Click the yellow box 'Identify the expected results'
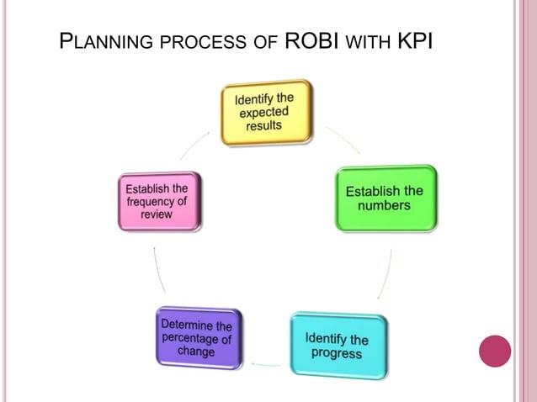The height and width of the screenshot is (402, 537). click(266, 112)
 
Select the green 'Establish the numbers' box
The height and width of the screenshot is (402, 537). click(385, 198)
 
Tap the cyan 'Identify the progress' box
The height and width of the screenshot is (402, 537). click(338, 346)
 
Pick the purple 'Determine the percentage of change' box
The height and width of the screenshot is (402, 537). click(199, 337)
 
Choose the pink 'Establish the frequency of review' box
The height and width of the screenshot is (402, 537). click(159, 202)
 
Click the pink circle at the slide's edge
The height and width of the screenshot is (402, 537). click(495, 351)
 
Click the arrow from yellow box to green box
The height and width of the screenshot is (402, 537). click(343, 140)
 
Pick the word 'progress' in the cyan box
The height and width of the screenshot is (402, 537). click(337, 353)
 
